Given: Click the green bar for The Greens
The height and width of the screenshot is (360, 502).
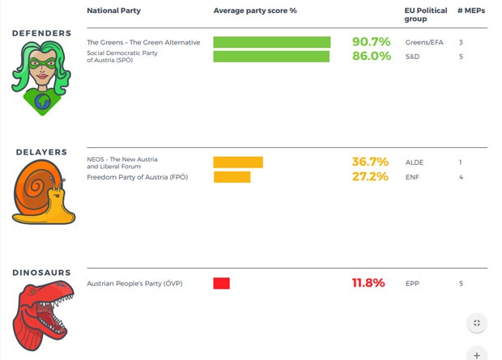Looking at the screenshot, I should pyautogui.click(x=272, y=42).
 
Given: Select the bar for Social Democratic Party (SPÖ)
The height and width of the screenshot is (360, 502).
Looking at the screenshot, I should pyautogui.click(x=271, y=57).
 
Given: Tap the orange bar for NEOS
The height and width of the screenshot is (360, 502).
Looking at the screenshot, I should pyautogui.click(x=238, y=162).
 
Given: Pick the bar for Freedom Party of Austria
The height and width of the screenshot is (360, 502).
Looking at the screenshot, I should pyautogui.click(x=232, y=176).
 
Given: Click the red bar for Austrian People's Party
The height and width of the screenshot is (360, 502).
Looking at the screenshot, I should pyautogui.click(x=222, y=283).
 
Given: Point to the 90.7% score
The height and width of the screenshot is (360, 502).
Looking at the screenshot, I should pyautogui.click(x=371, y=42).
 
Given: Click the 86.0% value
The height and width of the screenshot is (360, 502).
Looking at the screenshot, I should pyautogui.click(x=371, y=57).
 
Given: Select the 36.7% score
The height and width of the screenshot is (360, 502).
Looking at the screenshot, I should pyautogui.click(x=369, y=162).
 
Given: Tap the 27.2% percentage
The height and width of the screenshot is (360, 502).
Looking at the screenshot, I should pyautogui.click(x=369, y=176).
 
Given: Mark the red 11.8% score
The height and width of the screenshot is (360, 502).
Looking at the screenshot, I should pyautogui.click(x=368, y=283).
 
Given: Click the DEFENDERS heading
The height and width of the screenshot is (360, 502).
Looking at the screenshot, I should pyautogui.click(x=41, y=33).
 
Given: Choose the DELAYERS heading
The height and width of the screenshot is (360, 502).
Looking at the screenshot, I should pyautogui.click(x=41, y=152).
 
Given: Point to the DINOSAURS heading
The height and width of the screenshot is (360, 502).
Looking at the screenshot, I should pyautogui.click(x=41, y=273).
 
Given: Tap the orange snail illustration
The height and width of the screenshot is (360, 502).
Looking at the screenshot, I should pyautogui.click(x=42, y=192).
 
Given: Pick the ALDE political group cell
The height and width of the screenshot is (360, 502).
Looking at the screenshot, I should pyautogui.click(x=414, y=162).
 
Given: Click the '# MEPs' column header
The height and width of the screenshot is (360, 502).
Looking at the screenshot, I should pyautogui.click(x=470, y=11).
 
